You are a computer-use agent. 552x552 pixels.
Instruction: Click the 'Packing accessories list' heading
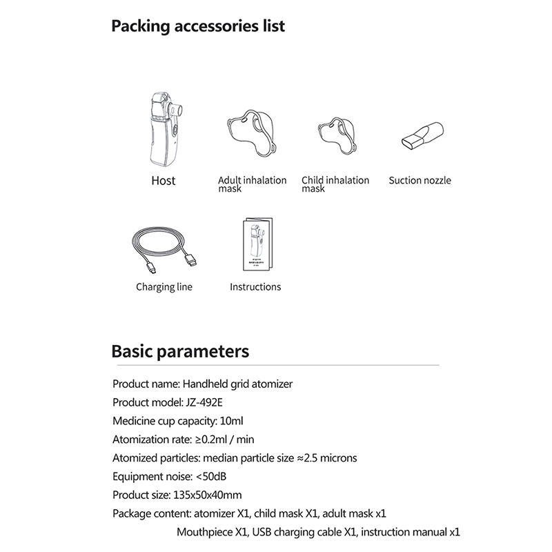pyautogui.click(x=198, y=27)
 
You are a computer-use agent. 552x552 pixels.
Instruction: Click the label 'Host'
pyautogui.click(x=164, y=181)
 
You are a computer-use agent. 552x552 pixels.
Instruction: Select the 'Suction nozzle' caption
pyautogui.click(x=420, y=181)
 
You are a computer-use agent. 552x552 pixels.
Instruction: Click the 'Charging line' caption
pyautogui.click(x=164, y=287)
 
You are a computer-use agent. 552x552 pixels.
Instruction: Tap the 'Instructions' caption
pyautogui.click(x=255, y=287)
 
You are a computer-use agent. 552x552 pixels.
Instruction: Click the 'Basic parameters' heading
pyautogui.click(x=180, y=351)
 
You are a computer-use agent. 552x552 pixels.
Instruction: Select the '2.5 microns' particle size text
pyautogui.click(x=331, y=457)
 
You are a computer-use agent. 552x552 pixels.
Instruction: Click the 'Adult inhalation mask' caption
pyautogui.click(x=252, y=184)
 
